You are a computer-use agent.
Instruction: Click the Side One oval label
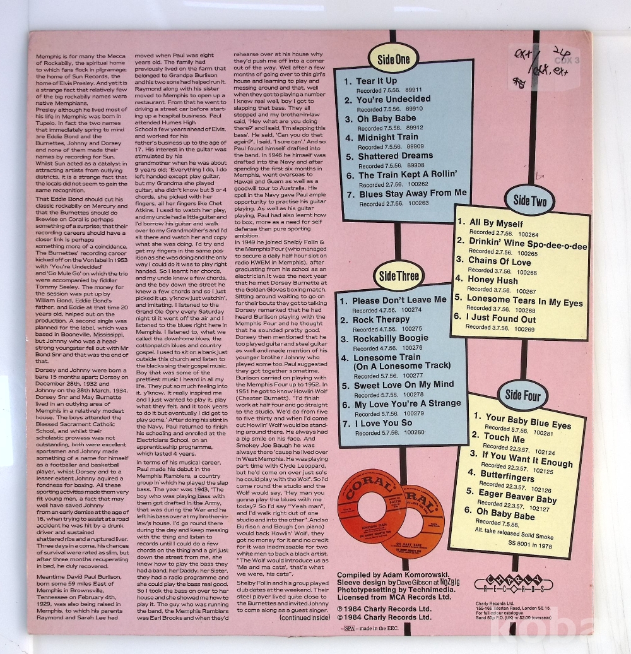(x=393, y=59)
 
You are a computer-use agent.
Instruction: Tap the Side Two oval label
(x=530, y=201)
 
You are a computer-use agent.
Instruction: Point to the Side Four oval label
(x=522, y=395)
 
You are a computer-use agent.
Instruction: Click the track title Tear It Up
(x=377, y=81)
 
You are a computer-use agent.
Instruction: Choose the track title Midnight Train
(x=388, y=137)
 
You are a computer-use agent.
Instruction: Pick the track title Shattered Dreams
(x=396, y=156)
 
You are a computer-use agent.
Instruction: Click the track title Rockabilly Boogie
(x=390, y=338)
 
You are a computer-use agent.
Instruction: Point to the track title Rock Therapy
(x=380, y=319)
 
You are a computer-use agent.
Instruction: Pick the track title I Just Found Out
(x=502, y=319)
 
